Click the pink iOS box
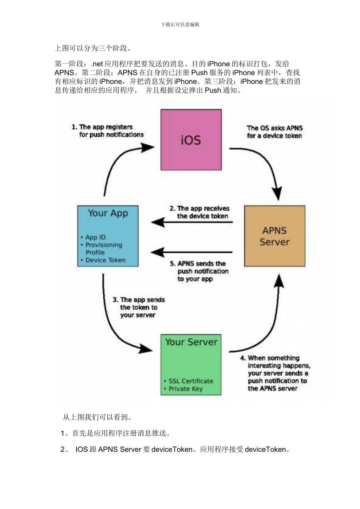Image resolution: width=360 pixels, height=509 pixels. point(191,140)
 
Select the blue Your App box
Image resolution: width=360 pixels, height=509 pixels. point(108,236)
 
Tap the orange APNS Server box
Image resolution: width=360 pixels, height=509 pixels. point(274,236)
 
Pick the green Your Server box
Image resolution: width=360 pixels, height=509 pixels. point(191,364)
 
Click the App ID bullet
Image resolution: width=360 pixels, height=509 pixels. point(95,237)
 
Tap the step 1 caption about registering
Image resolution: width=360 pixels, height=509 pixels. point(107,131)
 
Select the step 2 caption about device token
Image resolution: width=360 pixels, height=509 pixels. point(200,212)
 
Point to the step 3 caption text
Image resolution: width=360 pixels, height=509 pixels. point(138,307)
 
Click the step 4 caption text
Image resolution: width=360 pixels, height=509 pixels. point(275,373)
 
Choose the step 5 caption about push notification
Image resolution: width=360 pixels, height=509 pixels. point(199,271)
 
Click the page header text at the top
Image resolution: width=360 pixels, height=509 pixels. point(180,25)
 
